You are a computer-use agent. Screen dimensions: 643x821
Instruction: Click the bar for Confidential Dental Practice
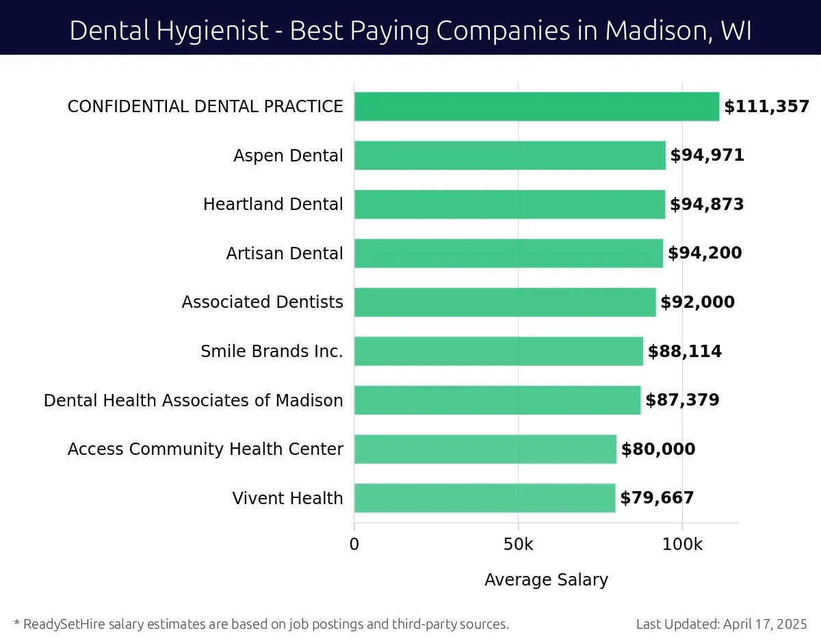click(536, 107)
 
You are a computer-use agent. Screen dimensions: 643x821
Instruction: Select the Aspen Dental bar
click(510, 155)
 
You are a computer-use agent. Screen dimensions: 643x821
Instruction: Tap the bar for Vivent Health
click(484, 498)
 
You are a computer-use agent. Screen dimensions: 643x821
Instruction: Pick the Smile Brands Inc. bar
click(498, 351)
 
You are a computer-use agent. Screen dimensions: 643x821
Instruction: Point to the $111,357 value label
click(766, 107)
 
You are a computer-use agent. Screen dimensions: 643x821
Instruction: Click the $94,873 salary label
click(707, 205)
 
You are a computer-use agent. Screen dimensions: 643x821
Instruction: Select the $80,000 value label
click(657, 449)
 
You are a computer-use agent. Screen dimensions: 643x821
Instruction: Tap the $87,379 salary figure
click(683, 400)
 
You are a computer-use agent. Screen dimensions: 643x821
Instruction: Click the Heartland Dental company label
click(273, 205)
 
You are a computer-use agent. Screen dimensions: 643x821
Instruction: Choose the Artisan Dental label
click(285, 254)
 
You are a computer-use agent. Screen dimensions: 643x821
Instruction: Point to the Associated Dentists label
click(262, 302)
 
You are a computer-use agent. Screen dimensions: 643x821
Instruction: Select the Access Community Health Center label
click(205, 449)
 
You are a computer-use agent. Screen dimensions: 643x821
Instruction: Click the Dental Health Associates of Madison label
click(193, 400)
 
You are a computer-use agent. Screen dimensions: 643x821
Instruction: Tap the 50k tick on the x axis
click(518, 544)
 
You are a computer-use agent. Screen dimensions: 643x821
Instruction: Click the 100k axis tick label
click(682, 544)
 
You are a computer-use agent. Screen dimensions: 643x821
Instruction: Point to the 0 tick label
click(354, 544)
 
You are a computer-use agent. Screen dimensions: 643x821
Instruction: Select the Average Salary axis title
click(546, 580)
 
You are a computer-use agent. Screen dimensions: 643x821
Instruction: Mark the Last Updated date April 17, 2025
click(765, 624)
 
